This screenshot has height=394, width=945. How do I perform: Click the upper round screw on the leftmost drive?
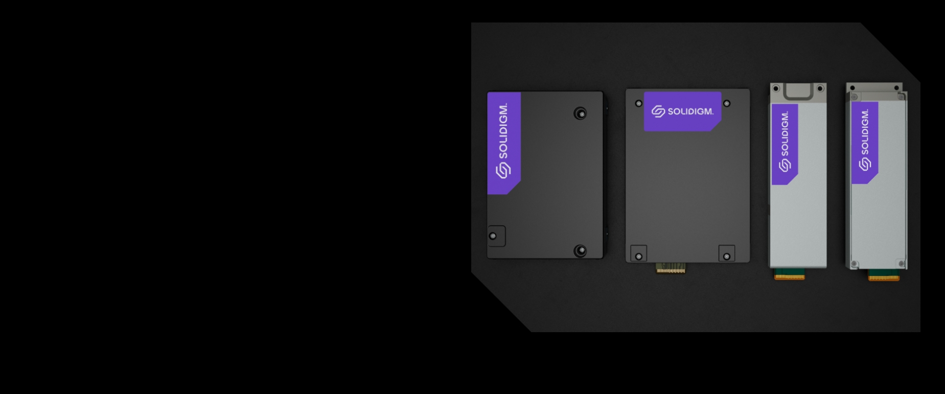tap(580, 113)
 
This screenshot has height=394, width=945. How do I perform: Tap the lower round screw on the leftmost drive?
tap(580, 250)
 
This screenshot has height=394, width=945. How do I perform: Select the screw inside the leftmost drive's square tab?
tap(493, 236)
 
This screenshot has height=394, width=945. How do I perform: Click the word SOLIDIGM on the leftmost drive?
tap(503, 131)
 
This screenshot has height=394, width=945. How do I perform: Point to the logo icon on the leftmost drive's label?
tap(503, 170)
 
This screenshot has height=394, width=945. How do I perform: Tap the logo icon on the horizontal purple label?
tap(658, 111)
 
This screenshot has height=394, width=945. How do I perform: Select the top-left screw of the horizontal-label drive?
tap(638, 104)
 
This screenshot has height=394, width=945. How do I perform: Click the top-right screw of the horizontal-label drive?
tap(727, 104)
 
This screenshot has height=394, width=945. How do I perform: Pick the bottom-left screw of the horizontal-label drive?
tap(638, 256)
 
